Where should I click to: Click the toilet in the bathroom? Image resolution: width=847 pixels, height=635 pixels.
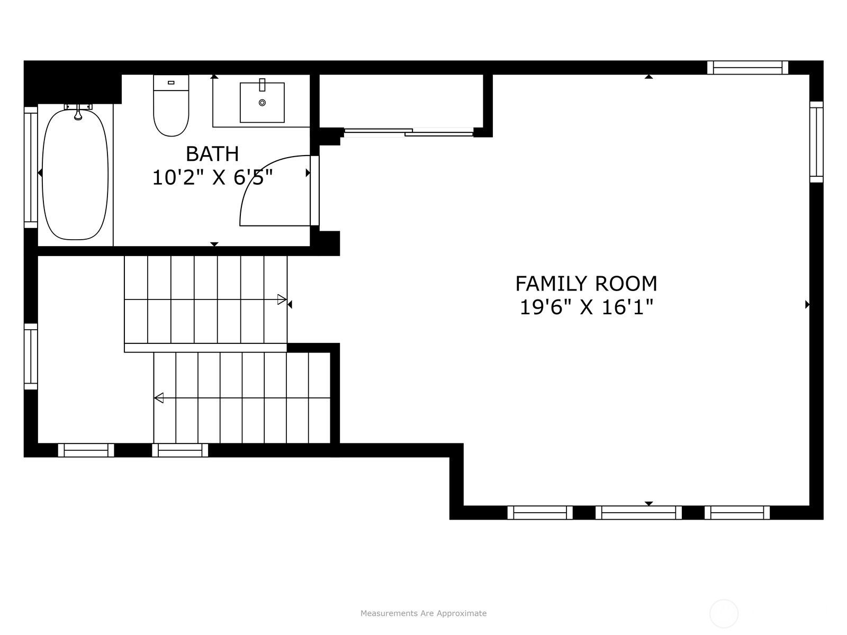tap(171, 105)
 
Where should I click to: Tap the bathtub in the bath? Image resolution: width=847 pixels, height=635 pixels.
tap(75, 174)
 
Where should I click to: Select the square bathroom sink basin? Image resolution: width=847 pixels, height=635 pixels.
tap(262, 103)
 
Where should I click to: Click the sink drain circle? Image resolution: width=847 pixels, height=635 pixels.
tap(263, 103)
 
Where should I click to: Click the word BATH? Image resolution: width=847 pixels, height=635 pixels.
tap(212, 154)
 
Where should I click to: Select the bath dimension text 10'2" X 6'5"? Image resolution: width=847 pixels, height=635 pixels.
tap(213, 178)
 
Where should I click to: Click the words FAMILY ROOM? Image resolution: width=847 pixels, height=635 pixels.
tap(586, 284)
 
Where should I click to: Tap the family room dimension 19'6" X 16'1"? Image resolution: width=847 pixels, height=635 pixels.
tap(586, 307)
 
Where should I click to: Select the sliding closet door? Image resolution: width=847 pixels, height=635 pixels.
tap(409, 132)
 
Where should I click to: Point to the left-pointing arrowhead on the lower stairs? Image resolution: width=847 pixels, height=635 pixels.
tap(159, 397)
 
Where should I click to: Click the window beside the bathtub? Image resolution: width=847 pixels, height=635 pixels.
tap(31, 168)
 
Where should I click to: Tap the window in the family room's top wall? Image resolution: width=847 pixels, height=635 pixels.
tap(747, 68)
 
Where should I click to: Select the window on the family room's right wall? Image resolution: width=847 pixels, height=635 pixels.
tap(816, 142)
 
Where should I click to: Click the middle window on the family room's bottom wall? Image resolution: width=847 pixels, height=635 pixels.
tap(638, 512)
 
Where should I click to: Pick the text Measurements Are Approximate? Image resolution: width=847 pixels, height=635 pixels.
tap(424, 613)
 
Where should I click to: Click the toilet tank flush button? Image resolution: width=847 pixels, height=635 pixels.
tap(171, 83)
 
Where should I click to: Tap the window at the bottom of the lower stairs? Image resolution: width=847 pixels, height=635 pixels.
tap(180, 450)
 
